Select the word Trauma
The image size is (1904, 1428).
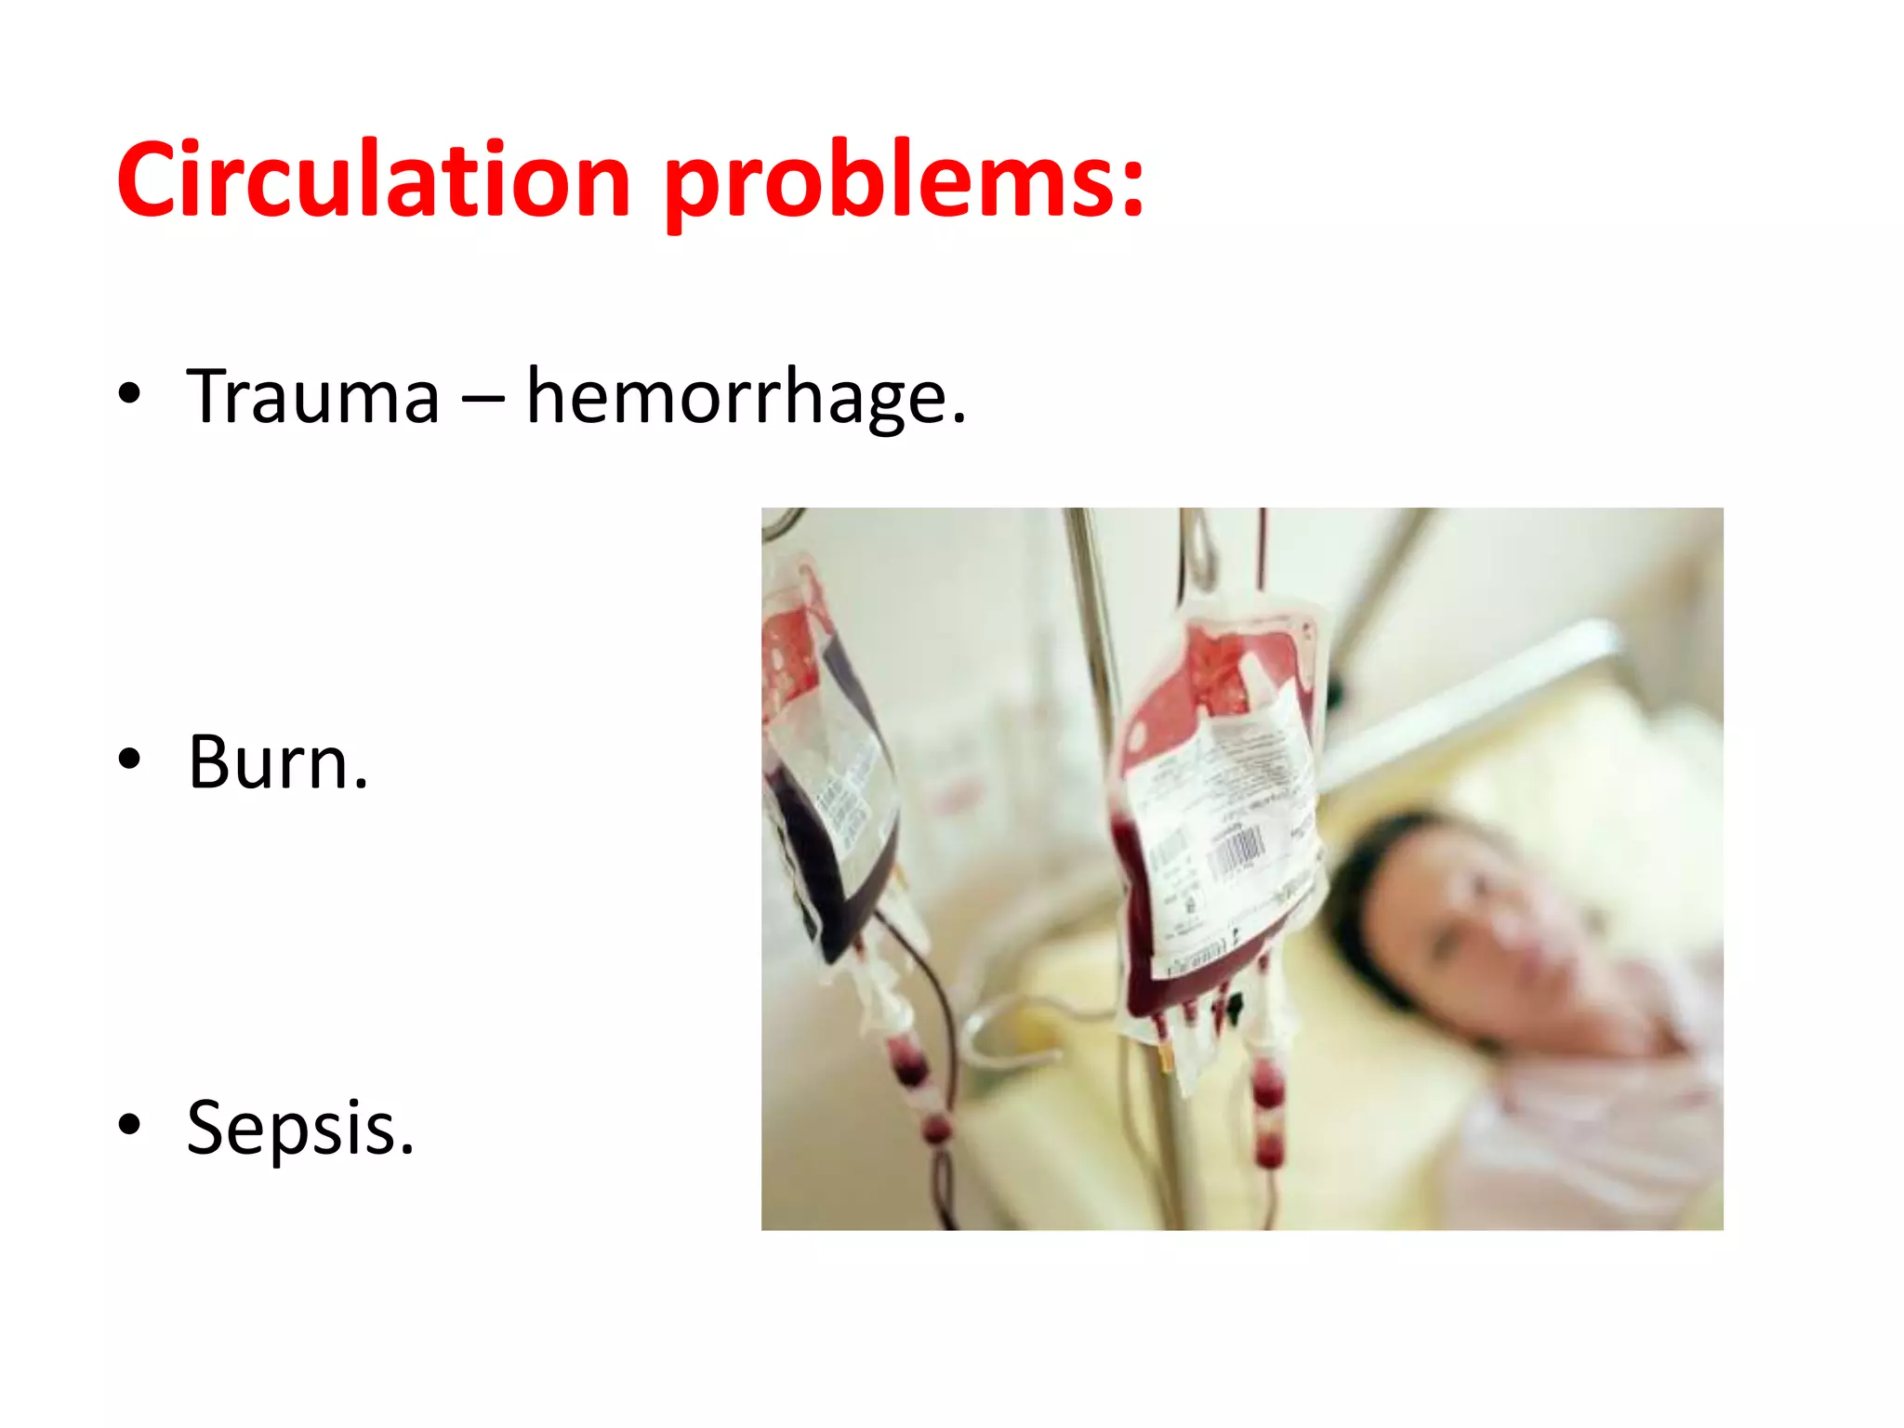pyautogui.click(x=313, y=397)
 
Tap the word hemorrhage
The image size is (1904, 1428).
pyautogui.click(x=746, y=397)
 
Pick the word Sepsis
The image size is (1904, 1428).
pyautogui.click(x=299, y=1128)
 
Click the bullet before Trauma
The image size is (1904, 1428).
pyautogui.click(x=129, y=394)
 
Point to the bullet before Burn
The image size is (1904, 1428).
pyautogui.click(x=129, y=760)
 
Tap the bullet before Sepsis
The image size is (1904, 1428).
pyautogui.click(x=129, y=1125)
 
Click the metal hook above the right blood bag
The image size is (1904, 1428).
pyautogui.click(x=1199, y=553)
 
